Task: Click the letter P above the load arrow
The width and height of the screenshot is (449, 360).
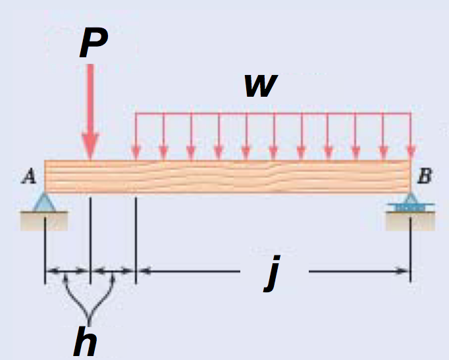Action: pyautogui.click(x=93, y=44)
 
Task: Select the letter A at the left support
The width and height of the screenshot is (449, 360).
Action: pyautogui.click(x=29, y=176)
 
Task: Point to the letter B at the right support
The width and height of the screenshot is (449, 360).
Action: pyautogui.click(x=426, y=176)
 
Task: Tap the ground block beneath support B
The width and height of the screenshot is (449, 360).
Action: pyautogui.click(x=409, y=222)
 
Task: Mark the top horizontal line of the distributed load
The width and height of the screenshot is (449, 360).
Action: pyautogui.click(x=273, y=114)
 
